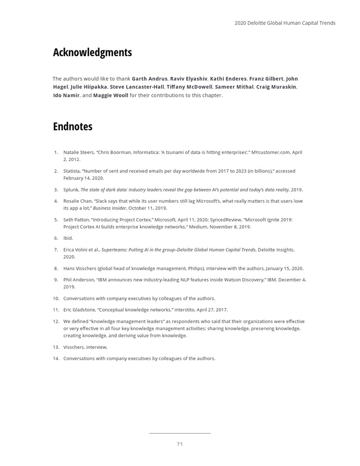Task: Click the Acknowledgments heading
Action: (x=92, y=52)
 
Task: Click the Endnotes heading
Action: (x=73, y=127)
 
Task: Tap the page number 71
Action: (x=179, y=444)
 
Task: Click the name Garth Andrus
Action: (x=150, y=79)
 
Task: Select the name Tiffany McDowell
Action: (x=190, y=87)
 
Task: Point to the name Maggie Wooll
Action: (x=111, y=95)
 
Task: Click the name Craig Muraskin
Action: (x=276, y=87)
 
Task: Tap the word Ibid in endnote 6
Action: (x=68, y=238)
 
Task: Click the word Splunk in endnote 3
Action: (x=71, y=190)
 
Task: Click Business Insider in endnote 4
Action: (x=109, y=208)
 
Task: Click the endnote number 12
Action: (x=56, y=321)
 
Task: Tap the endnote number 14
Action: (x=56, y=359)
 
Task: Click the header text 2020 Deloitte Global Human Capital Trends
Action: (x=285, y=23)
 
